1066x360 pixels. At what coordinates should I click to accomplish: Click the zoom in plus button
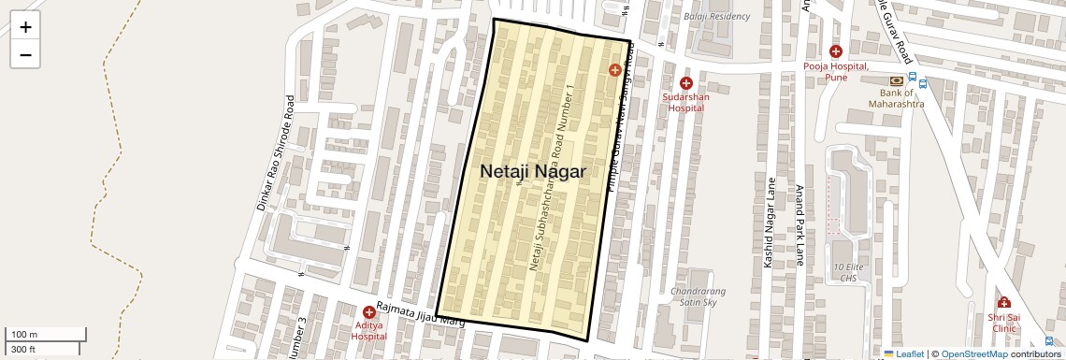(25, 27)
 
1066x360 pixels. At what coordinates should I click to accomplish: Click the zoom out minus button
(25, 54)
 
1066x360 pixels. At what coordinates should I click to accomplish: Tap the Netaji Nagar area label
(533, 171)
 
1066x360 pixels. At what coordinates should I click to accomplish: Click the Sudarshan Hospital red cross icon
(685, 83)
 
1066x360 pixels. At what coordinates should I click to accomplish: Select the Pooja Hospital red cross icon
(835, 52)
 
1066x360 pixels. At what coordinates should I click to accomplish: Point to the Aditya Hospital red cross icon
(369, 311)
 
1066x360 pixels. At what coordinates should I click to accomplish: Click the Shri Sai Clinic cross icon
(1003, 303)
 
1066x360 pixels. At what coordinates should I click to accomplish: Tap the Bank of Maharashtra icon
(897, 80)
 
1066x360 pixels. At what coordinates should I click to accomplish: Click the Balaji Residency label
(717, 17)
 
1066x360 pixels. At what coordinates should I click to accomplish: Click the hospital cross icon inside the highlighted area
(615, 70)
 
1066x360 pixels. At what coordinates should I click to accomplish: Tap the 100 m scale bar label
(24, 335)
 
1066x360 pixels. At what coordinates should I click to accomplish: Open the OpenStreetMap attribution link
(973, 353)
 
